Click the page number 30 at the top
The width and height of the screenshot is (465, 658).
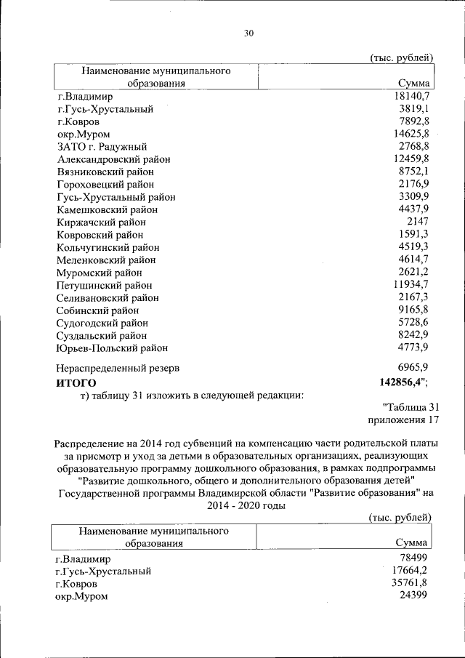point(249,33)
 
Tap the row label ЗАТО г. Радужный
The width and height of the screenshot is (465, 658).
point(101,146)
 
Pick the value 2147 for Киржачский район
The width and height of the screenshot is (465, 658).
point(420,222)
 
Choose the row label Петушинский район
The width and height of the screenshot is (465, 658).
point(105,285)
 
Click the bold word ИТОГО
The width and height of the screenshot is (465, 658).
point(76,382)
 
